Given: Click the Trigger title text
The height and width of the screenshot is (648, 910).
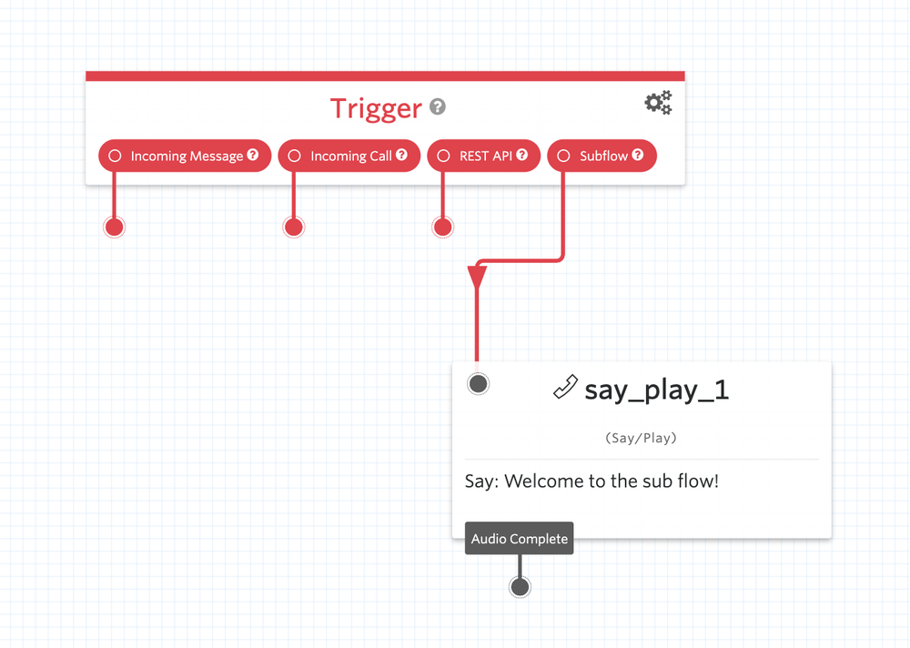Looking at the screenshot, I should click(376, 108).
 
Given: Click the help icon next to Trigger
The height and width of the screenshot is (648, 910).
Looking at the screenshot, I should click(438, 107).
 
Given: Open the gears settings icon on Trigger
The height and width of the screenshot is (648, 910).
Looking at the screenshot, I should click(658, 103).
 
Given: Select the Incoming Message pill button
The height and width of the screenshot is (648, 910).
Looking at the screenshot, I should click(185, 156).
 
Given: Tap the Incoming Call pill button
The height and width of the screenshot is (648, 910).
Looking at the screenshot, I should click(349, 156).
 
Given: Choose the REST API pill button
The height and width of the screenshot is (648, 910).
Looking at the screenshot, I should click(483, 156).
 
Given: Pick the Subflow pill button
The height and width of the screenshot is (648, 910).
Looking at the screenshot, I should click(602, 156).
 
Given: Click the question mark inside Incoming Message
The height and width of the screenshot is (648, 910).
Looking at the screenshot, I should click(253, 155).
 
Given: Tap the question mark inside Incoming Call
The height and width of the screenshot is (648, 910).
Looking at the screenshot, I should click(401, 155).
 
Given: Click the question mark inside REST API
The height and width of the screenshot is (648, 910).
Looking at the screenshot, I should click(522, 155).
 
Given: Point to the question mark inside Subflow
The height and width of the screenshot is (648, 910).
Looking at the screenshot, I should click(638, 155).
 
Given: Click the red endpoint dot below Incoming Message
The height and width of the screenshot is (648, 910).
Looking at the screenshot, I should click(114, 227).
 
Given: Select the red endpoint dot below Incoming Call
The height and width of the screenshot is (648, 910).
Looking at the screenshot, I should click(293, 227).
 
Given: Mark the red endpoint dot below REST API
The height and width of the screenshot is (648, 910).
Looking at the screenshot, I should click(442, 227).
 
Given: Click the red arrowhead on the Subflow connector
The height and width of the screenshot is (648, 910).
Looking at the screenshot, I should click(477, 277).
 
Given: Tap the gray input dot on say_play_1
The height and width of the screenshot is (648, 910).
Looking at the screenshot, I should click(478, 383).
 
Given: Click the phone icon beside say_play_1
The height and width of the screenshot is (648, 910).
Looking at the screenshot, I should click(565, 388).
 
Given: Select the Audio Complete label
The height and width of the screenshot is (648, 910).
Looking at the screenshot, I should click(519, 539).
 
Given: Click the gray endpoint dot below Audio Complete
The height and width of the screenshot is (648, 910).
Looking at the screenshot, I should click(520, 587).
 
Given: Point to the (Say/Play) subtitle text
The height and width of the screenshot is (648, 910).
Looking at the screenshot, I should click(641, 438).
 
